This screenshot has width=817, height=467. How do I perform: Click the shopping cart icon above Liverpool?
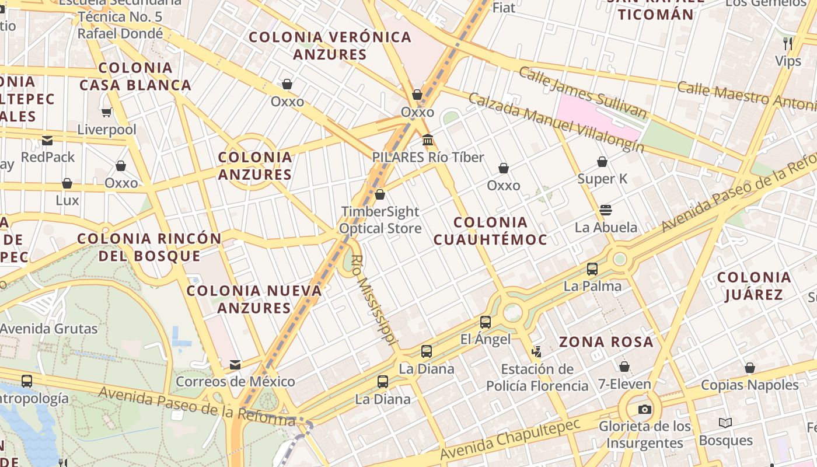click(x=106, y=112)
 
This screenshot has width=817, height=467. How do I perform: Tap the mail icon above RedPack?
click(x=47, y=140)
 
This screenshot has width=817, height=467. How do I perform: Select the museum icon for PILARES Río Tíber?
click(x=428, y=140)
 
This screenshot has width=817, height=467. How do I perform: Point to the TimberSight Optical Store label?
click(x=380, y=220)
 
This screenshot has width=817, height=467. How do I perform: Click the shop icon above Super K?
click(x=602, y=162)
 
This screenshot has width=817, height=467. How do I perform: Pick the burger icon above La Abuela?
click(x=606, y=210)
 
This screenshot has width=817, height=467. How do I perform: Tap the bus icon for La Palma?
click(x=592, y=269)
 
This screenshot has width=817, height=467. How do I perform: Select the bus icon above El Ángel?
click(x=486, y=322)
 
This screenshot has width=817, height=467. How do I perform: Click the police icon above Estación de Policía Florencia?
click(x=537, y=351)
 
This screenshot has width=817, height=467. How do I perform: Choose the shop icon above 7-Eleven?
click(x=624, y=367)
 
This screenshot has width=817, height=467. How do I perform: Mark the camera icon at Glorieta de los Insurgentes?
click(x=645, y=409)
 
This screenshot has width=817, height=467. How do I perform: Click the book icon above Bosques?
click(x=725, y=423)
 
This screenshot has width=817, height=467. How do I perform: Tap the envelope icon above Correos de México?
click(x=235, y=365)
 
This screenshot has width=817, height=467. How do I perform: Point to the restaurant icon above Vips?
click(x=788, y=43)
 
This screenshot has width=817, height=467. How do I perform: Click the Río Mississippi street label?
click(x=374, y=301)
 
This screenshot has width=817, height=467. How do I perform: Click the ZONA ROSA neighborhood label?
click(x=606, y=342)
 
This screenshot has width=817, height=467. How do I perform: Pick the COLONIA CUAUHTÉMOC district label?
click(x=490, y=231)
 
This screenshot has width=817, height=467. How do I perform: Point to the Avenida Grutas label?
click(x=49, y=329)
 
